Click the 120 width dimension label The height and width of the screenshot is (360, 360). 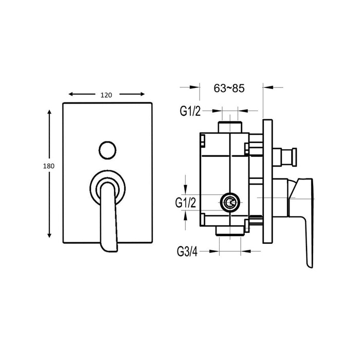(x=106, y=95)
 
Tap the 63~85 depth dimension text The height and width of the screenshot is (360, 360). (x=228, y=88)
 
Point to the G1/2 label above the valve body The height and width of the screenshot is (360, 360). (x=190, y=110)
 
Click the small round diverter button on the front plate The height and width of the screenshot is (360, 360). (x=107, y=150)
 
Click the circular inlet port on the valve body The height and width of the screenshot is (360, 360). (x=230, y=203)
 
